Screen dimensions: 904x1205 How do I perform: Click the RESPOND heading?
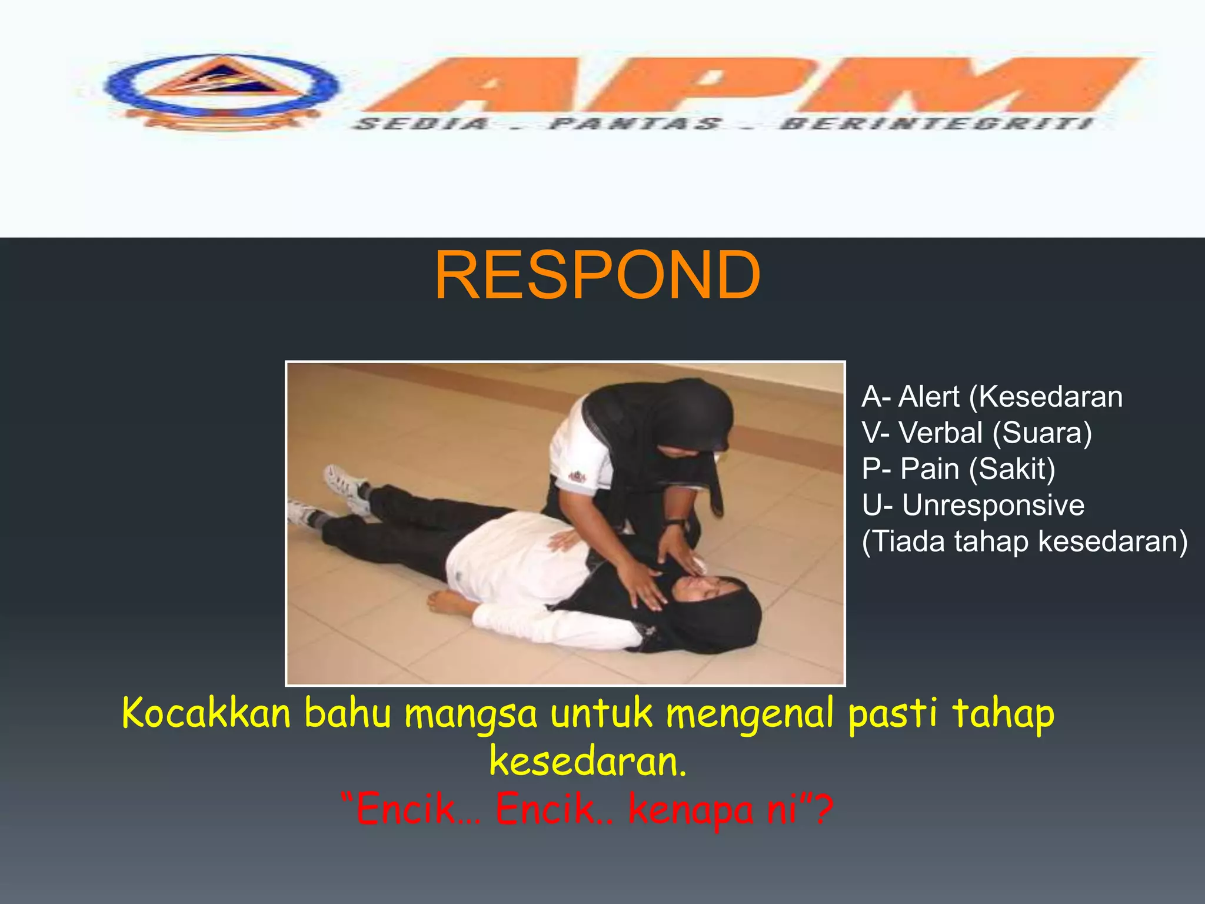click(x=597, y=275)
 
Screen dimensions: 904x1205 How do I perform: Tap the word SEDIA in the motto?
click(x=422, y=124)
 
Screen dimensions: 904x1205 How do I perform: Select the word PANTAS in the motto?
click(x=635, y=124)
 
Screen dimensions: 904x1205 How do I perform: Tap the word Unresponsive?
click(x=993, y=506)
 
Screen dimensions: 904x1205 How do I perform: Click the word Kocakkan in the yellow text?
click(x=207, y=713)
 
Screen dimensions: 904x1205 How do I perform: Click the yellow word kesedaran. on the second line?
click(x=588, y=762)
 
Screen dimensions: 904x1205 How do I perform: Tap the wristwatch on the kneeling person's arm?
click(x=675, y=522)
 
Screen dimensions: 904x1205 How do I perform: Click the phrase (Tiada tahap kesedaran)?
click(x=1024, y=541)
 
